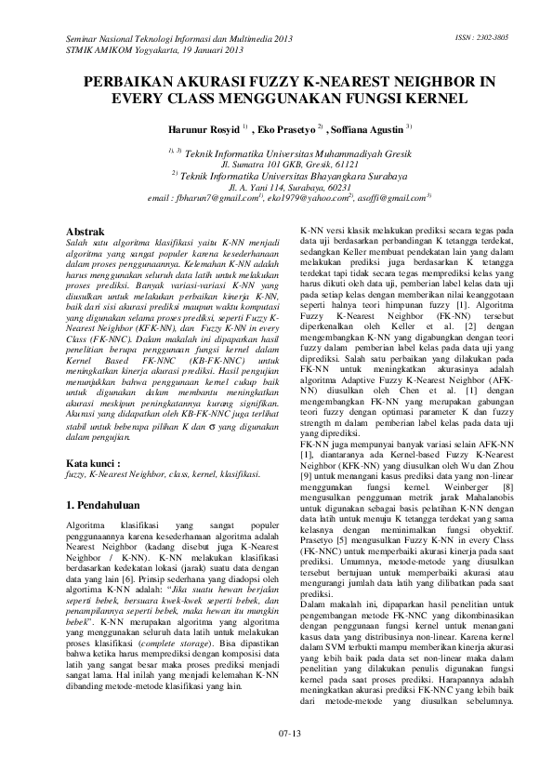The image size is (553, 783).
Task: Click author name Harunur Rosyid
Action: [204, 126]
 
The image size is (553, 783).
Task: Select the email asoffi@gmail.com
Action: [394, 198]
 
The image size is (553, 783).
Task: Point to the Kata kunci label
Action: [93, 461]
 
